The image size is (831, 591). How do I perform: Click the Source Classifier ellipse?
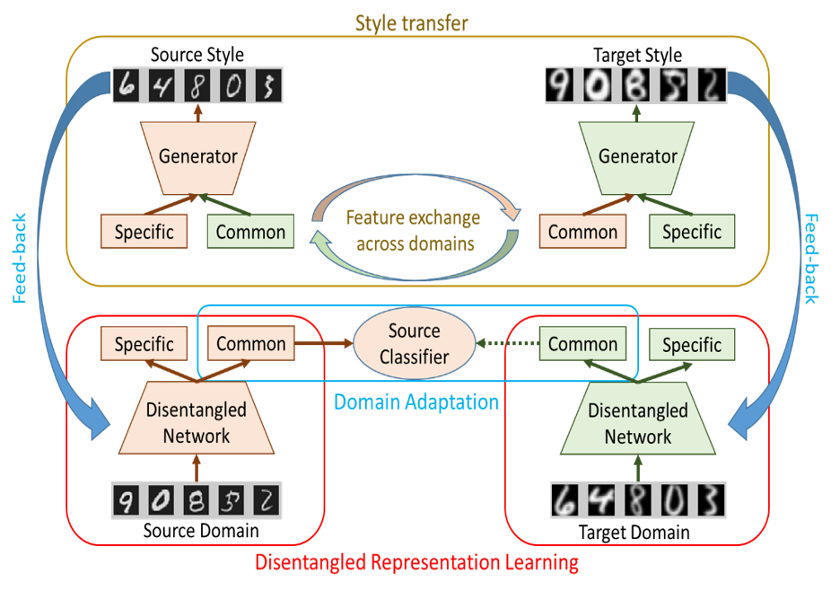click(413, 344)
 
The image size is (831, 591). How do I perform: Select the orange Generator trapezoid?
click(197, 156)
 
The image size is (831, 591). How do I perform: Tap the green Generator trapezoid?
click(637, 156)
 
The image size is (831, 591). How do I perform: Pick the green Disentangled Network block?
click(637, 423)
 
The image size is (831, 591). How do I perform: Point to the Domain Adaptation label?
click(416, 401)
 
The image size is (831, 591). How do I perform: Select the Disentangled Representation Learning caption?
click(416, 563)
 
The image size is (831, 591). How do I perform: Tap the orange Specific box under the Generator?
click(144, 233)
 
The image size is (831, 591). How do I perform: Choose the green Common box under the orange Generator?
click(250, 233)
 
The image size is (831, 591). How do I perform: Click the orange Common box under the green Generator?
click(582, 233)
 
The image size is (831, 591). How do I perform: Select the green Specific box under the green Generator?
click(691, 233)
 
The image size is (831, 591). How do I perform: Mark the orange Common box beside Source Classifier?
click(251, 344)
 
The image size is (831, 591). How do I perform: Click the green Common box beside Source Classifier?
click(582, 344)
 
